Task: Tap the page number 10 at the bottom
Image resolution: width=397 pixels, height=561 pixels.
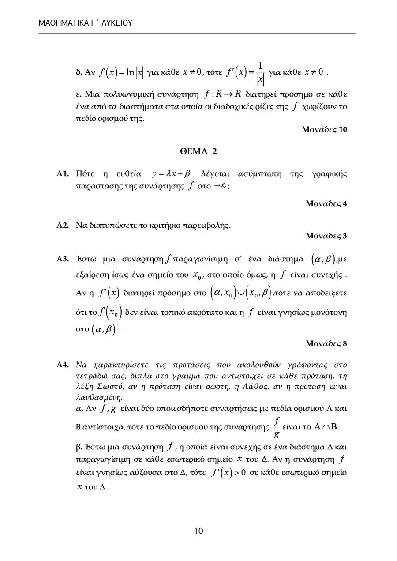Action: pyautogui.click(x=198, y=531)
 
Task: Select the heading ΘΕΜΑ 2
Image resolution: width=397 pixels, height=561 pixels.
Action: pyautogui.click(x=198, y=151)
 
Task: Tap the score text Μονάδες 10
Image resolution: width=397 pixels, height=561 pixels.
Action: pyautogui.click(x=324, y=130)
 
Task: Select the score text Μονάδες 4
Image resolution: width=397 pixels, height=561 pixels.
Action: pyautogui.click(x=326, y=203)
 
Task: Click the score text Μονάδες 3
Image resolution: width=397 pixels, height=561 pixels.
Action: pyautogui.click(x=326, y=236)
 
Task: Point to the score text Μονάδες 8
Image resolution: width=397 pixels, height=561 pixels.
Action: pyautogui.click(x=326, y=343)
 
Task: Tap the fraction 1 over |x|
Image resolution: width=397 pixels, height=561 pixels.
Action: pyautogui.click(x=260, y=72)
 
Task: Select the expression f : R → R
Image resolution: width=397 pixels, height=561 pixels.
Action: pyautogui.click(x=223, y=94)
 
